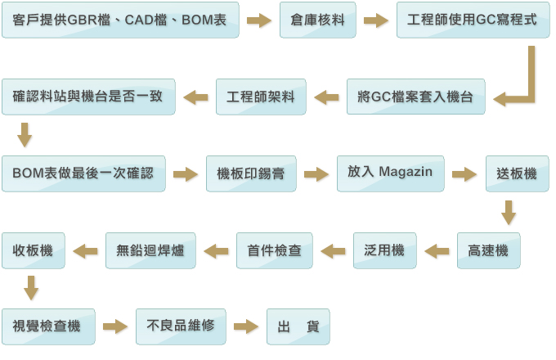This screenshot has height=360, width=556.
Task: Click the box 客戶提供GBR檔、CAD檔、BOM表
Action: pyautogui.click(x=121, y=20)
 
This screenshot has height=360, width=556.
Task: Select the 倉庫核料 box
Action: pyautogui.click(x=318, y=20)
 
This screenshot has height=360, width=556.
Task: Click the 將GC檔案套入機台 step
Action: pyautogui.click(x=415, y=97)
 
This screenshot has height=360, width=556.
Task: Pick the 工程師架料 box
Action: pyautogui.click(x=261, y=97)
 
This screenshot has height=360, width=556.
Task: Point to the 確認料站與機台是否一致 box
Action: pyautogui.click(x=88, y=97)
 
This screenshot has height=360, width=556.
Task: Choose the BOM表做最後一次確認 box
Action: pyautogui.click(x=83, y=173)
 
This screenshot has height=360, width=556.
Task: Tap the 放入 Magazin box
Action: pyautogui.click(x=390, y=173)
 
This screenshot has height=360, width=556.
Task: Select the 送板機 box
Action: pyautogui.click(x=517, y=173)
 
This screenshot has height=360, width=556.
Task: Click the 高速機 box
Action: pyautogui.click(x=488, y=250)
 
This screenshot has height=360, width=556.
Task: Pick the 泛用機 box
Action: pyautogui.click(x=384, y=250)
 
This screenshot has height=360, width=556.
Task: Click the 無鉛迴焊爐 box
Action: pyautogui.click(x=150, y=250)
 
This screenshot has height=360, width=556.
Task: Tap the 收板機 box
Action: pyautogui.click(x=34, y=250)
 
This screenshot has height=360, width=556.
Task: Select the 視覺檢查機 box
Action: pyautogui.click(x=47, y=326)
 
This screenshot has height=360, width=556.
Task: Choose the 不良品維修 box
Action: pyautogui.click(x=181, y=326)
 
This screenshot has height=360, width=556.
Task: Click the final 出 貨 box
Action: pyautogui.click(x=298, y=326)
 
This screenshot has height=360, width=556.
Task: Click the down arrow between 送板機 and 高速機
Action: pyautogui.click(x=509, y=212)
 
